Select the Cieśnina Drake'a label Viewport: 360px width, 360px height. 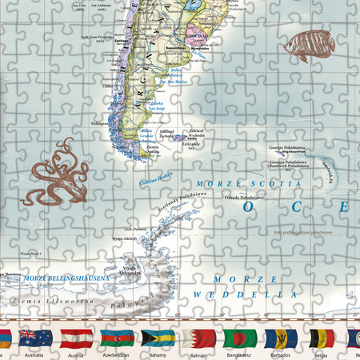[x=157, y=181]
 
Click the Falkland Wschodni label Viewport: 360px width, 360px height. [x=198, y=134]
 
